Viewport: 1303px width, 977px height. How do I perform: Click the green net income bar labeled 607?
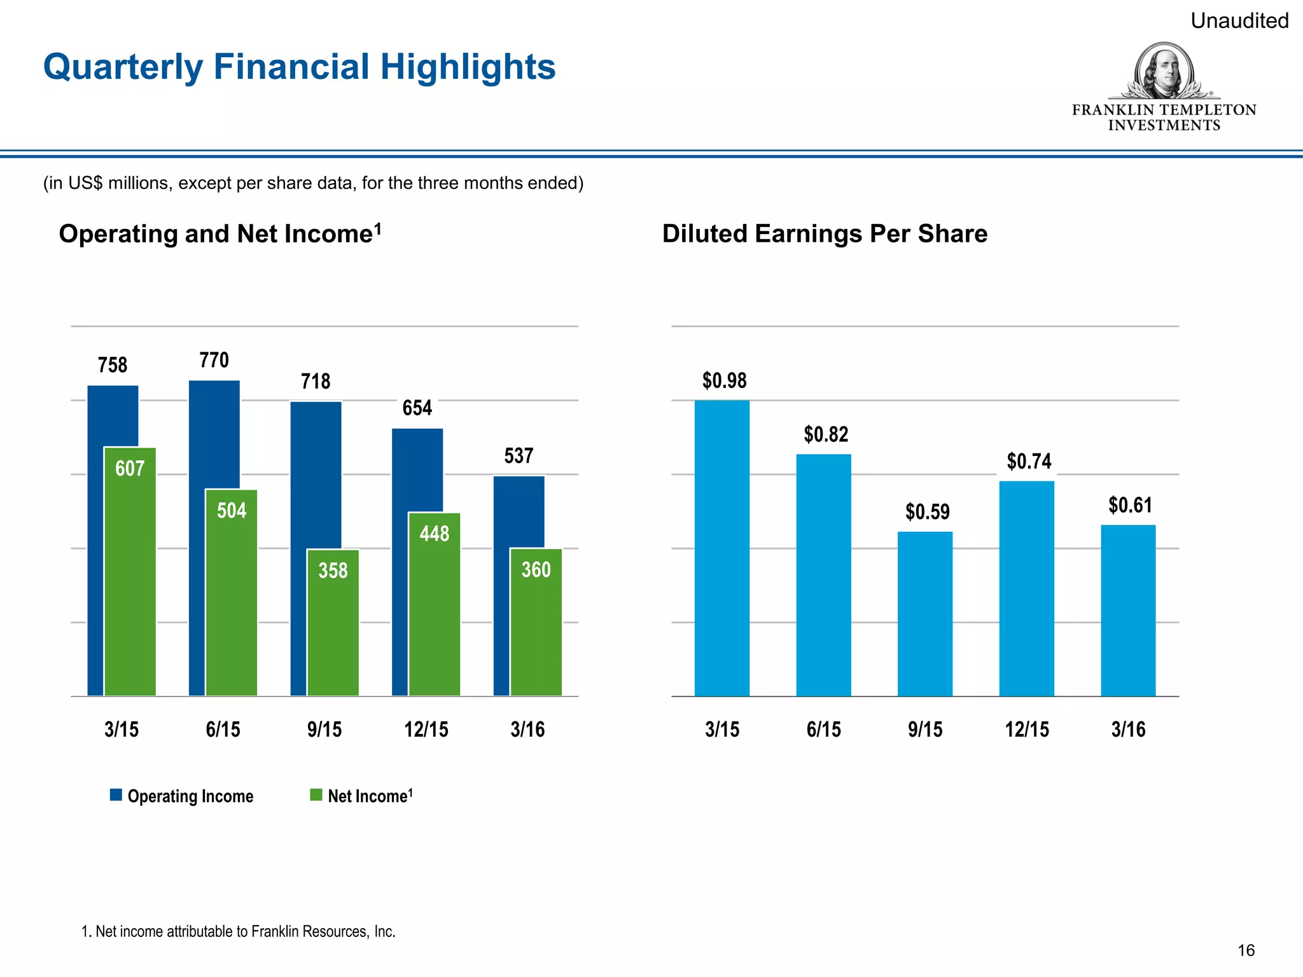(x=130, y=572)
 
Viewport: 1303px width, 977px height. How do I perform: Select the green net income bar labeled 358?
(x=333, y=623)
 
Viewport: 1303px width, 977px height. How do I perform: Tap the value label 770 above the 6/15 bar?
(x=214, y=361)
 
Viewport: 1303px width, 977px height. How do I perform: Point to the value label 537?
(x=519, y=456)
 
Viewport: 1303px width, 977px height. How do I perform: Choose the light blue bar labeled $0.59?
(x=924, y=614)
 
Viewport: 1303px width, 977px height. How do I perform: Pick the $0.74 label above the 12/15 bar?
(x=1029, y=461)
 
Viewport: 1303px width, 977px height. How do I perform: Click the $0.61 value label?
(x=1130, y=505)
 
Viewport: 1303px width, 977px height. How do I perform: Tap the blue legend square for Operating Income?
(x=116, y=795)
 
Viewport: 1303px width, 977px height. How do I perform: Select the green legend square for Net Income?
(x=316, y=795)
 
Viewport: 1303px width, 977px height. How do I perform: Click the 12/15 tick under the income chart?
(x=426, y=729)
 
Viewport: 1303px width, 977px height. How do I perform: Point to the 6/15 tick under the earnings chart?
(x=823, y=729)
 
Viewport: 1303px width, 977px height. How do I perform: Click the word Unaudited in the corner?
(x=1239, y=21)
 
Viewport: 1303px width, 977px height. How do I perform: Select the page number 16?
(x=1246, y=950)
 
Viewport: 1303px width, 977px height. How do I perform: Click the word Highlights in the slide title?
(x=468, y=67)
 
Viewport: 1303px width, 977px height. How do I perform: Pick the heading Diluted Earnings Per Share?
(x=825, y=234)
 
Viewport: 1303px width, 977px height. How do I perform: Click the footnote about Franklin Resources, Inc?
(x=239, y=932)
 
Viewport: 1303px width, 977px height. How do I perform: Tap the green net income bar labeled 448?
(x=435, y=604)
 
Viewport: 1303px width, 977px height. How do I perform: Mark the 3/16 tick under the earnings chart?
(x=1128, y=729)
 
